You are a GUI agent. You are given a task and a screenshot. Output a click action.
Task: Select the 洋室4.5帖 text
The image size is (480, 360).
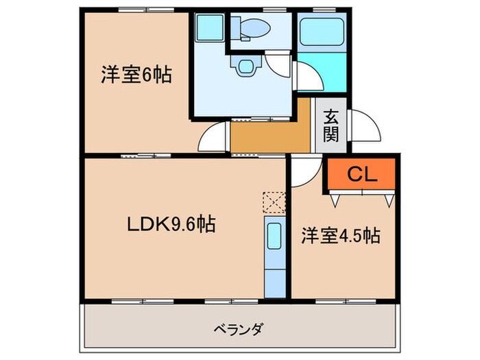pyautogui.click(x=341, y=235)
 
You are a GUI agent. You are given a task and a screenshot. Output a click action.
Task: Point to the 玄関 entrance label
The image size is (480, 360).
pyautogui.click(x=331, y=125)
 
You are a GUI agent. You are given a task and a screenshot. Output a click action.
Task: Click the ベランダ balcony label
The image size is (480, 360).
pyautogui.click(x=239, y=327)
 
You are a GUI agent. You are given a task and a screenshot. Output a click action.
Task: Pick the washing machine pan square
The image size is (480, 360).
pyautogui.click(x=208, y=29)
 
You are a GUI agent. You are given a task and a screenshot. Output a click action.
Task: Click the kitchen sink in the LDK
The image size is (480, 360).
pyautogui.click(x=273, y=239)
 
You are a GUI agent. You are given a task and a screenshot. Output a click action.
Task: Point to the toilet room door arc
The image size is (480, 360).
pyautogui.click(x=277, y=66)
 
